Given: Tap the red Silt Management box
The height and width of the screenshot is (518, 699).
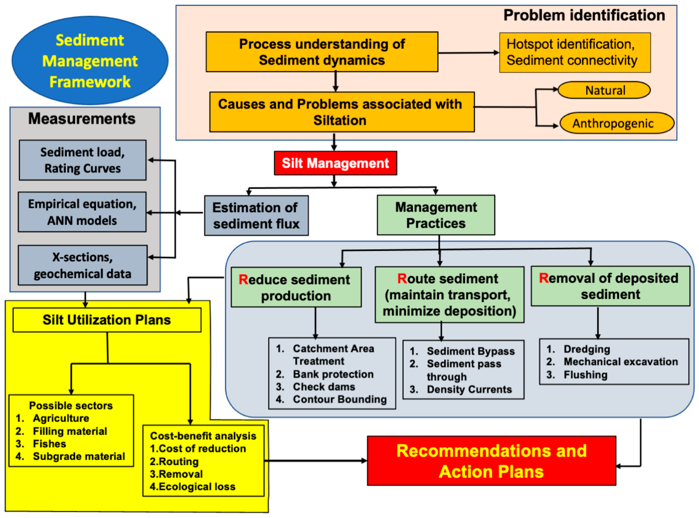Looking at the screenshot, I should point(335,163).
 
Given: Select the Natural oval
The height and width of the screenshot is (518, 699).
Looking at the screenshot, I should point(604,90).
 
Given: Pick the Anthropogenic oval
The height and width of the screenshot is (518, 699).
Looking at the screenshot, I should point(616,123).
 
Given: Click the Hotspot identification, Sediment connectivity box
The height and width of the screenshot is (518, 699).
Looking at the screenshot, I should point(575,52).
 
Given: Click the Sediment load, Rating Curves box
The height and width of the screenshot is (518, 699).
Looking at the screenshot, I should point(82,160).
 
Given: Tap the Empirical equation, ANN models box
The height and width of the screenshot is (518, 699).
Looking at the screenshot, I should point(82,212).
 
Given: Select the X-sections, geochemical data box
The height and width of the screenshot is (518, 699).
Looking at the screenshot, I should point(82,265).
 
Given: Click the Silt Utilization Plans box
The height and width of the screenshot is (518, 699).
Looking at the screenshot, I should point(107,320).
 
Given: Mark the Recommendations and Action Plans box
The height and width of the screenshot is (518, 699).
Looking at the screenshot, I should point(491,461).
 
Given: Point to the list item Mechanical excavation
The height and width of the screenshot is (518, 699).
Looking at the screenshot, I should point(620,362).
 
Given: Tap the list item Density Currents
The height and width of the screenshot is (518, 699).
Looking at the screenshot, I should point(469,389).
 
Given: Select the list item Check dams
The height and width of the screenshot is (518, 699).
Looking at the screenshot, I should point(324,387).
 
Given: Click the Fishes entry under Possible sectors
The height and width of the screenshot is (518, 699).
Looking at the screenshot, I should point(49,444).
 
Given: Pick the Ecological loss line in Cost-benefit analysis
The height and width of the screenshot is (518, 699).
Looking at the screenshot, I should point(193,486).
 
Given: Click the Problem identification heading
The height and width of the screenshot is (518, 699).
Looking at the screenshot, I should point(584,15).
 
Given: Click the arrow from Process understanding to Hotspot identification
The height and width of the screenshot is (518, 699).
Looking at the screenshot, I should point(468,53).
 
